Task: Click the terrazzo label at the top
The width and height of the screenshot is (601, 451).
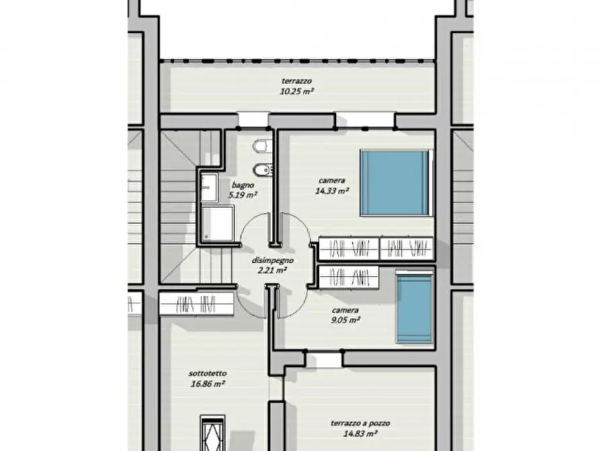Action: coord(296,81)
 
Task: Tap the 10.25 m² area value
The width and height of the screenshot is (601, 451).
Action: coord(297,92)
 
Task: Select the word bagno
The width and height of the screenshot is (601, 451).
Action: coord(243,185)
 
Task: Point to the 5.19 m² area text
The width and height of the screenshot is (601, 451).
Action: coord(243,195)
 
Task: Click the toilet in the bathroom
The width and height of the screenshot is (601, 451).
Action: coord(262,145)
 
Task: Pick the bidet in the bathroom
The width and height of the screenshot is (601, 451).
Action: coord(263,170)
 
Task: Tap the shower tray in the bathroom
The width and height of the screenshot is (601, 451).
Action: coord(217,223)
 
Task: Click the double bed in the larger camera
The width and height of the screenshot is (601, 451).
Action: coord(396,183)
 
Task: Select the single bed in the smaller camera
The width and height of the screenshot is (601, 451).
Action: coord(415,308)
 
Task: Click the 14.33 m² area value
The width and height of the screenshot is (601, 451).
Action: coord(332,190)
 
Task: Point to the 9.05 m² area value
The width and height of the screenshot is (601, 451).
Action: coord(345,320)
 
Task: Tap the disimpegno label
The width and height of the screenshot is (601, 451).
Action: coord(273,261)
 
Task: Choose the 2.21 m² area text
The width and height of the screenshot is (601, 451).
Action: coord(273,271)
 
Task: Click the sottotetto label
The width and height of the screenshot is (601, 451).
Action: coord(207,373)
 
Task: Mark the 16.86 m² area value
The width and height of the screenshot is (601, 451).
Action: coord(207,384)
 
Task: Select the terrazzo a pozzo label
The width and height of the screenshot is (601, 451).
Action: coord(360,423)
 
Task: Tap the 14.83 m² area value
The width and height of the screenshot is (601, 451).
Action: coord(360,433)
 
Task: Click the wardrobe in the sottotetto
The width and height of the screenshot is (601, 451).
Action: coord(197,304)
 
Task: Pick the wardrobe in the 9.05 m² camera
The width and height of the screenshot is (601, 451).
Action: coord(349,277)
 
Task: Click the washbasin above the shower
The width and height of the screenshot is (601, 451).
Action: coord(209,187)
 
